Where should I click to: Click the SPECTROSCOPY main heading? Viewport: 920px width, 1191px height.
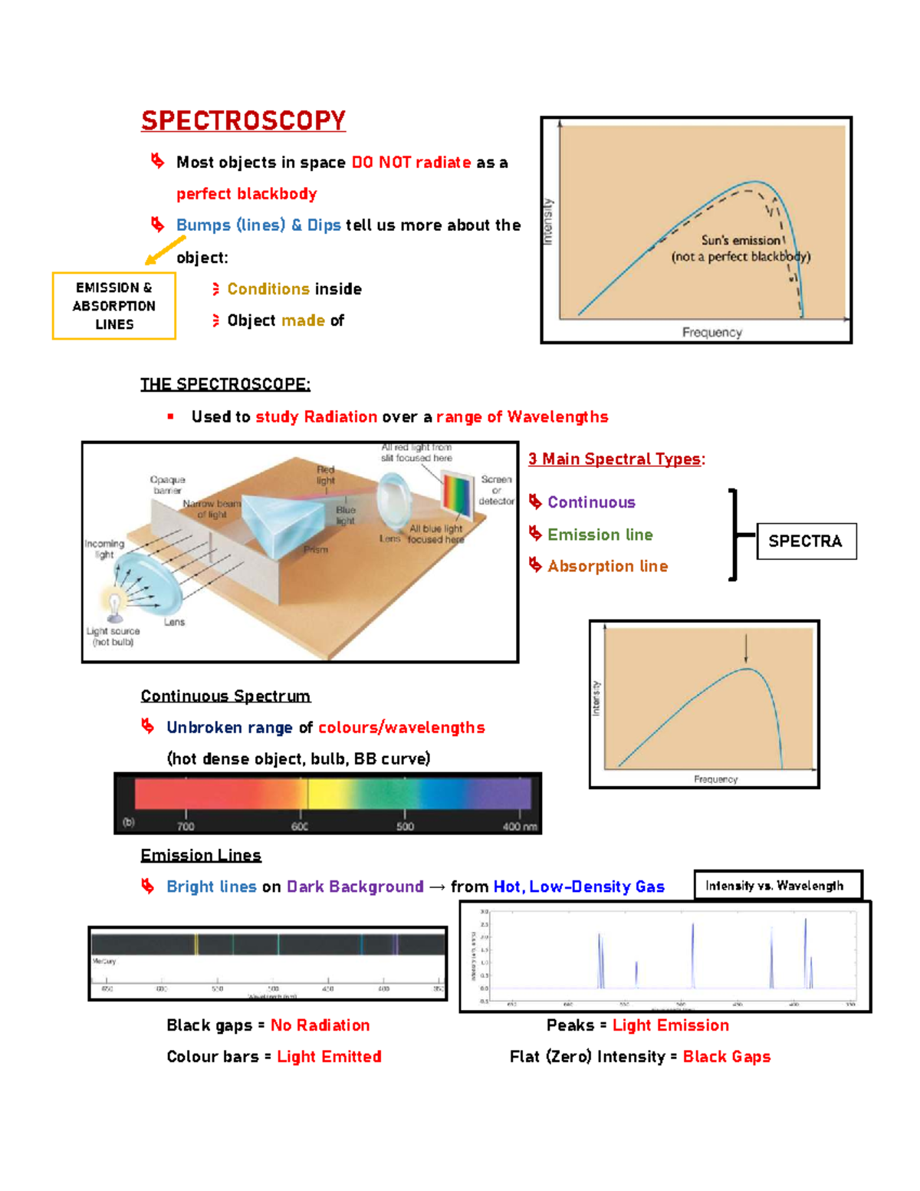[x=243, y=120]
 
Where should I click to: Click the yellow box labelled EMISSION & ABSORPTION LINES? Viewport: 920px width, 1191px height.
[x=113, y=305]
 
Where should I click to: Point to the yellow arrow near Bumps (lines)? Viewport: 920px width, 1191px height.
[x=164, y=250]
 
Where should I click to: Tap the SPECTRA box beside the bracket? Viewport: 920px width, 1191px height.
[x=806, y=541]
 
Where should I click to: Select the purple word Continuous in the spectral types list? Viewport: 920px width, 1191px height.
[x=591, y=502]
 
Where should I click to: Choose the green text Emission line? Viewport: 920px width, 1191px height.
[x=600, y=535]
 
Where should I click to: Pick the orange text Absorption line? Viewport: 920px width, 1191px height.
[x=607, y=566]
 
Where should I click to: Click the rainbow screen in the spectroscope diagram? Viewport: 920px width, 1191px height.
[x=458, y=496]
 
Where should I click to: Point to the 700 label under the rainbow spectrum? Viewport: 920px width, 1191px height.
[x=186, y=826]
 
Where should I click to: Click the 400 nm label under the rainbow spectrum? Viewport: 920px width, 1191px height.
[x=520, y=826]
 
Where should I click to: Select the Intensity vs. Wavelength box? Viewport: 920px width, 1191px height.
[x=776, y=886]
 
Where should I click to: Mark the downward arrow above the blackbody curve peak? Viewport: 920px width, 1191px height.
[x=746, y=649]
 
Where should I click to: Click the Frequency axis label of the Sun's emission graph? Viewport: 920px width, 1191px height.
[x=712, y=332]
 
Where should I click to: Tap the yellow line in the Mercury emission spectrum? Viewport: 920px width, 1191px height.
[x=196, y=944]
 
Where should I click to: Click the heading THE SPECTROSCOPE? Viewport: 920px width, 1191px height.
[x=225, y=384]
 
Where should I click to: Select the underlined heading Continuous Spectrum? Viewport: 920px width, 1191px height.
[x=225, y=696]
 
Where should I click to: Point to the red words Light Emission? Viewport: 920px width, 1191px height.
[x=670, y=1025]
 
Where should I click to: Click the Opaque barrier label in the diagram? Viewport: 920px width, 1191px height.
[x=167, y=485]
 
